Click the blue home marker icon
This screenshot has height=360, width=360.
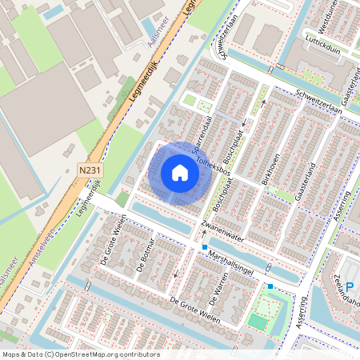(180, 172)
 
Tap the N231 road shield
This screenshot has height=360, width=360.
(90, 170)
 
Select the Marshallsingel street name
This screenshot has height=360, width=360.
(230, 258)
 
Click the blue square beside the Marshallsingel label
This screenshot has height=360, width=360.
(205, 247)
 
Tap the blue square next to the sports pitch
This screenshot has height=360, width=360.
(270, 286)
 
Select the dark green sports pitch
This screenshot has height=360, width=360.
(256, 322)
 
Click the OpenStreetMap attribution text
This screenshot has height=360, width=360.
(80, 354)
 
